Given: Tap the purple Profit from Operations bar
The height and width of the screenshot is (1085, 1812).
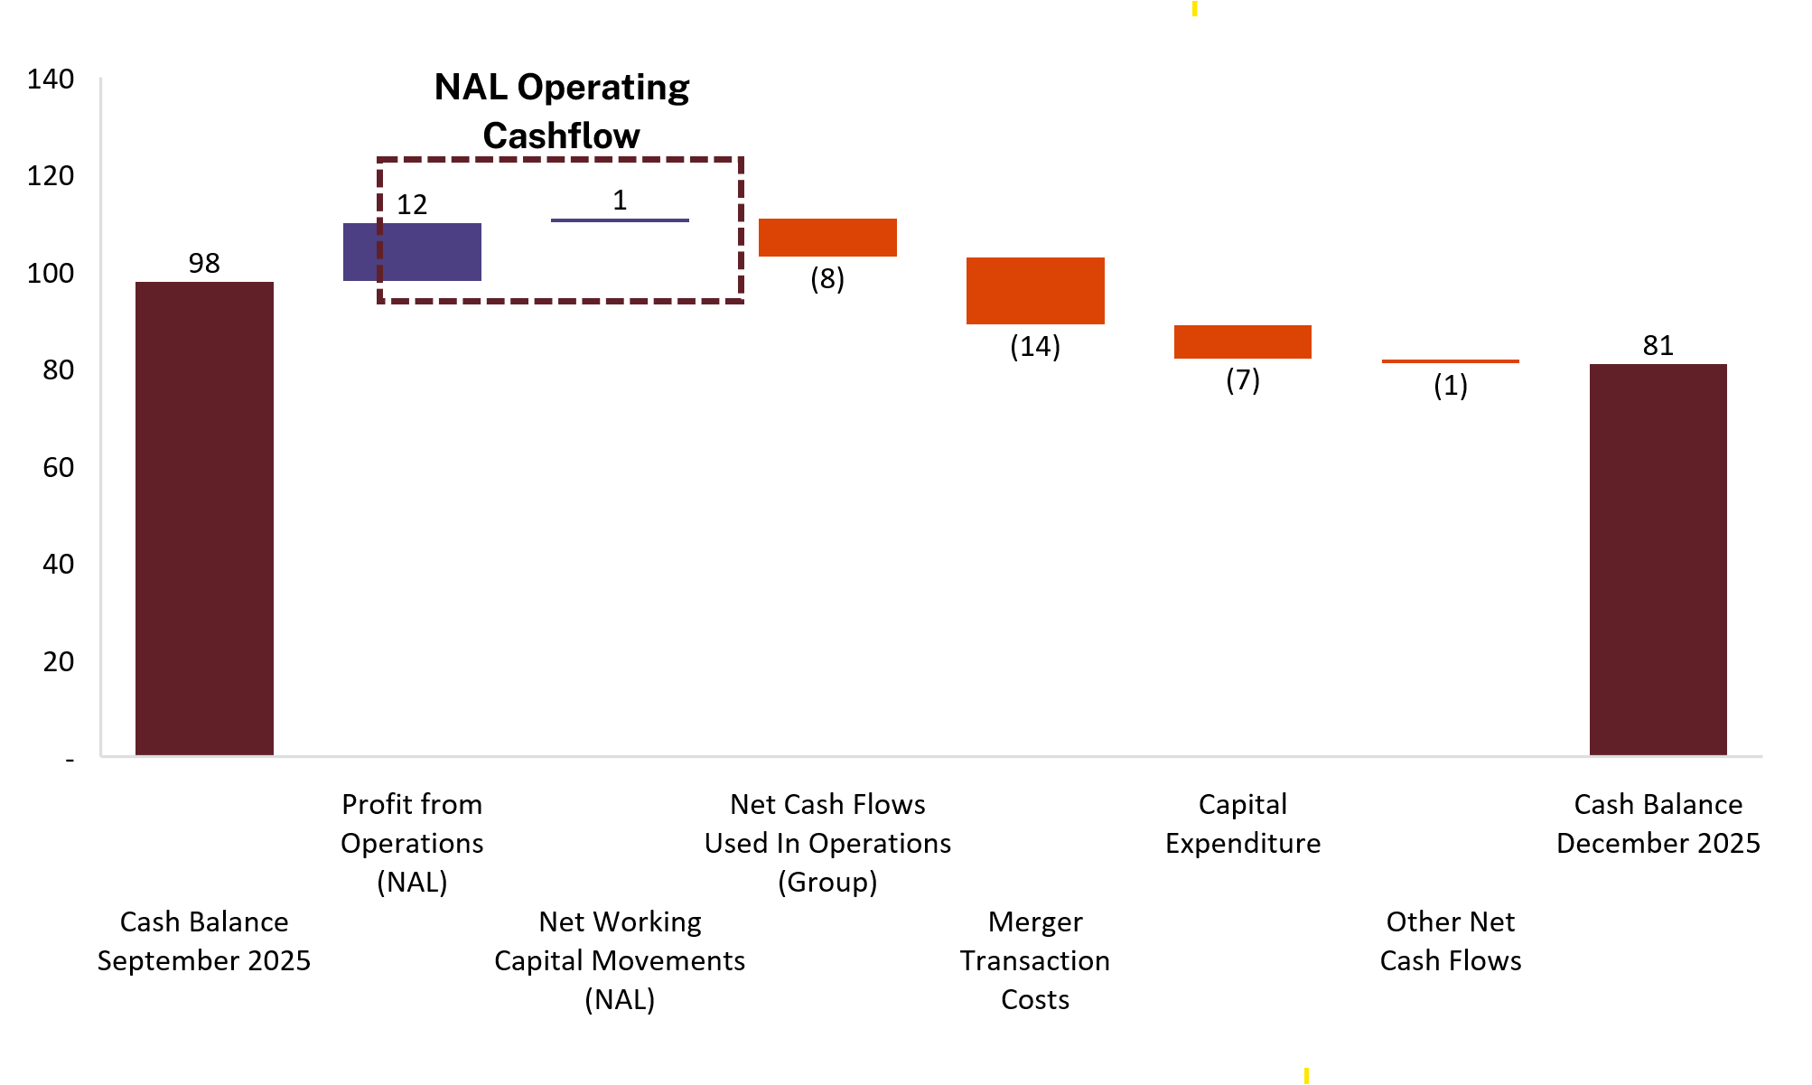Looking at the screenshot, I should pos(412,252).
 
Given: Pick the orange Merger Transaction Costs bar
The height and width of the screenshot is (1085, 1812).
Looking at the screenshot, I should pos(1035,291).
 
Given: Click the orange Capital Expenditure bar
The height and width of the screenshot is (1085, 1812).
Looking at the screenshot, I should pos(1242,341).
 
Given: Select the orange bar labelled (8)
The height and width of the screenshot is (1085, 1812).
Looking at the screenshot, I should pos(827,238).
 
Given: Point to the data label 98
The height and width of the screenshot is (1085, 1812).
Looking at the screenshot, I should pos(204,263).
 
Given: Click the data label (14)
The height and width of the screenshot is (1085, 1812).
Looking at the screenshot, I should pos(1035,346).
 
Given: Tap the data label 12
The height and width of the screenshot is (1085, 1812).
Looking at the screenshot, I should pos(412,204).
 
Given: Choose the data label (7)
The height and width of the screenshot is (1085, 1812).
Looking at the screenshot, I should pos(1242,379).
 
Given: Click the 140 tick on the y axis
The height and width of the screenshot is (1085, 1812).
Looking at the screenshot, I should pos(51,80).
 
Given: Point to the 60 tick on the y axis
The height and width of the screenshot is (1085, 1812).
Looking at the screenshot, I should pos(59,467).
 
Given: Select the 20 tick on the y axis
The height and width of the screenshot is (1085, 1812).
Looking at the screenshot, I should pos(59,661).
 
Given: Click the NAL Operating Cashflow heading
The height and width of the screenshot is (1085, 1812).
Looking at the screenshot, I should pos(562,111).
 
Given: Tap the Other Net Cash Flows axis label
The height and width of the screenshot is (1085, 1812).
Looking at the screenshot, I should pos(1450,940).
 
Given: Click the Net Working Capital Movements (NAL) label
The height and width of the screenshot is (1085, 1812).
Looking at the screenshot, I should pos(620,960).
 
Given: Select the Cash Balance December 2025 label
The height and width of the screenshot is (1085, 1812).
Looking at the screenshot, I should pos(1658,823).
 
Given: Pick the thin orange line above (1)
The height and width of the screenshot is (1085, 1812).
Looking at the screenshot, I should pos(1450,361).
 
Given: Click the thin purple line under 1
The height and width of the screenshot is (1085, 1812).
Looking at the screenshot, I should pos(620,220).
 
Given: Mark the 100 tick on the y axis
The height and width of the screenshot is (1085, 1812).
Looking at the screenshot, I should pos(51,273).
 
